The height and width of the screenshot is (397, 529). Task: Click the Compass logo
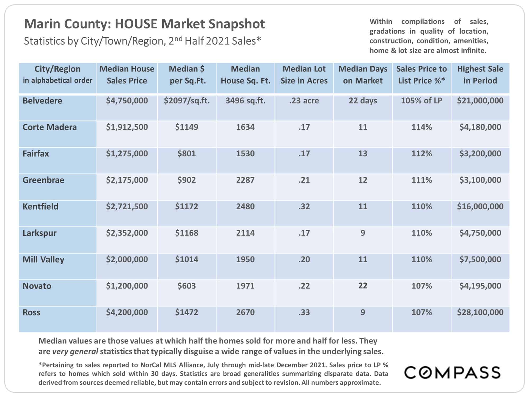click(452, 373)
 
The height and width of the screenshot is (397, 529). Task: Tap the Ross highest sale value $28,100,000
click(480, 312)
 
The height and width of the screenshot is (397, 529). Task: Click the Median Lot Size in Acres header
click(304, 75)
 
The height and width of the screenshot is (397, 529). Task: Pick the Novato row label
click(37, 286)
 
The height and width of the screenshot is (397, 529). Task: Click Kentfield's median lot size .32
click(304, 206)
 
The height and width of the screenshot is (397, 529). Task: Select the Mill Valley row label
click(43, 260)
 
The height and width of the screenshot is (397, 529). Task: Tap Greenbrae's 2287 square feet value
click(245, 180)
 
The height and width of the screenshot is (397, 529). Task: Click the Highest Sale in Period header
click(480, 75)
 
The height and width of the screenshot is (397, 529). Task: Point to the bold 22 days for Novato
click(363, 286)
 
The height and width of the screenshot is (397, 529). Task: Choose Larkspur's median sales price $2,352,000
click(127, 233)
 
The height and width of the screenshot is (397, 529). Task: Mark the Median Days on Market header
click(363, 75)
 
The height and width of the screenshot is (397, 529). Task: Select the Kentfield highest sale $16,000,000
click(480, 206)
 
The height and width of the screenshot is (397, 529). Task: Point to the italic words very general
click(75, 352)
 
